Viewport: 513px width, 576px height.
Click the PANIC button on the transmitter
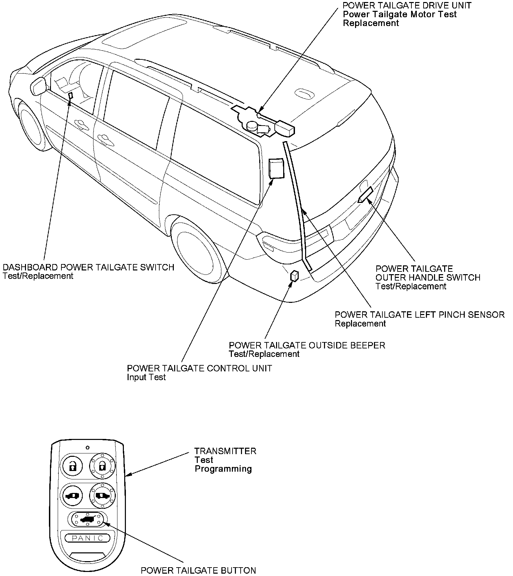(87, 538)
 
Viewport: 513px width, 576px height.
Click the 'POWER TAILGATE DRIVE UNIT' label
(407, 5)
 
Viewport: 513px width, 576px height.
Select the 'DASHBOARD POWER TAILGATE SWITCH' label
(88, 267)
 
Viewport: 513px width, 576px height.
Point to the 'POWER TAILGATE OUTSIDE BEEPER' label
(307, 345)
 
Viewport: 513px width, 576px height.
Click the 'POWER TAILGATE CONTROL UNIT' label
(199, 368)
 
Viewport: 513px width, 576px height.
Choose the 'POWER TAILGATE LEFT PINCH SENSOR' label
(420, 315)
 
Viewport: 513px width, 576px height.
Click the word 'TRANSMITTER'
(225, 451)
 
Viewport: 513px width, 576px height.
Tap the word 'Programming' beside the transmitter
(223, 469)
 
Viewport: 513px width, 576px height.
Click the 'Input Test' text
(146, 377)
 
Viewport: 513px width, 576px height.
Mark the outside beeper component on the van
(294, 276)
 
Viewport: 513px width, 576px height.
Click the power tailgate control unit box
(276, 168)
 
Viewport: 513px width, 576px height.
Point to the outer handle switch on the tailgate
(366, 195)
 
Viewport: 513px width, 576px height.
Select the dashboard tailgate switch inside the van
(71, 96)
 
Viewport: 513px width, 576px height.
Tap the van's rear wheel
(196, 248)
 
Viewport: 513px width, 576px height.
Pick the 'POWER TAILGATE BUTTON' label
(198, 570)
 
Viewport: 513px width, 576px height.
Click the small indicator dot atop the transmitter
(87, 448)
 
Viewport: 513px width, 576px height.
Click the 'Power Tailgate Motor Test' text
(400, 14)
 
